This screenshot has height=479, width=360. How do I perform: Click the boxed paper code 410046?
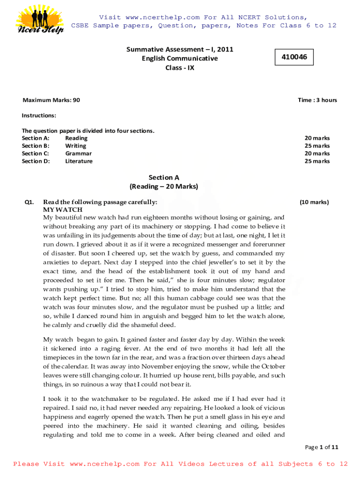click(x=294, y=57)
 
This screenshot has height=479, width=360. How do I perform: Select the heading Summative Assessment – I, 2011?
click(x=180, y=49)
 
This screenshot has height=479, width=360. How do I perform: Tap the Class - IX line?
click(x=180, y=68)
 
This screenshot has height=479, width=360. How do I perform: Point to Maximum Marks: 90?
click(x=51, y=100)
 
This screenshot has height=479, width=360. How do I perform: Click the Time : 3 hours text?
click(x=317, y=100)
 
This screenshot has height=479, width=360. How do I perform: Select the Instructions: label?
click(x=39, y=116)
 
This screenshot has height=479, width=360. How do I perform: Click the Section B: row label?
click(x=36, y=146)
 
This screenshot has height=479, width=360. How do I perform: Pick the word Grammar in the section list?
click(x=78, y=153)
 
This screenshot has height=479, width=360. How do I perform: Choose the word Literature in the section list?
click(x=79, y=161)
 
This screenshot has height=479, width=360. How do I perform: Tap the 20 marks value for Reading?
click(x=317, y=138)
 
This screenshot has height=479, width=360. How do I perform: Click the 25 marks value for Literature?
click(x=317, y=161)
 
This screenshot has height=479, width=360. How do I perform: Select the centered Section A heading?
click(x=164, y=178)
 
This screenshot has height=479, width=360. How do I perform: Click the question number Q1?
click(x=29, y=203)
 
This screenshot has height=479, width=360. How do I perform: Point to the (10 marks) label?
click(x=314, y=203)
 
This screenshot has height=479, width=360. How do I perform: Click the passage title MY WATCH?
click(x=63, y=210)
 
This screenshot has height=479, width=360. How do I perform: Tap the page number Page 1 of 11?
click(x=321, y=447)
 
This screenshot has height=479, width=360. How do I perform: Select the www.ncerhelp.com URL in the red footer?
click(x=104, y=464)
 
